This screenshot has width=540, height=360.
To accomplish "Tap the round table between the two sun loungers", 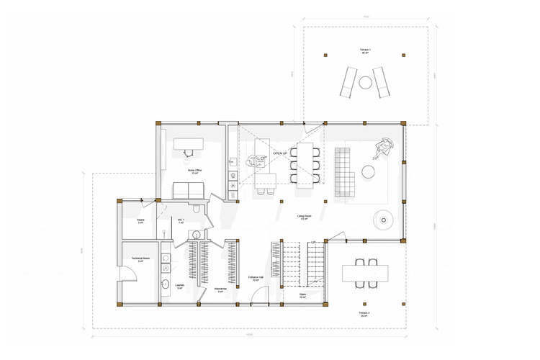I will tap(365, 81).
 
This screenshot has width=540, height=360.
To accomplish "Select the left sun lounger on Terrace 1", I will tap(347, 81).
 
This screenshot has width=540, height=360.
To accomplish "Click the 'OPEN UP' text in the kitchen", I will tap(280, 154).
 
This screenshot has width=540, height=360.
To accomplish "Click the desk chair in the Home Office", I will tap(189, 150).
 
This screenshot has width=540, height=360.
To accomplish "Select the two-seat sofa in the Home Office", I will tap(189, 190).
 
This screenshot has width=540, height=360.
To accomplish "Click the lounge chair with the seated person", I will tap(384, 148).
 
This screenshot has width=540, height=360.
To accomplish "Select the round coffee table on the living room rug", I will tap(369, 171).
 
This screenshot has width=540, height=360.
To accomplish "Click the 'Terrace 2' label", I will tap(364, 313).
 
